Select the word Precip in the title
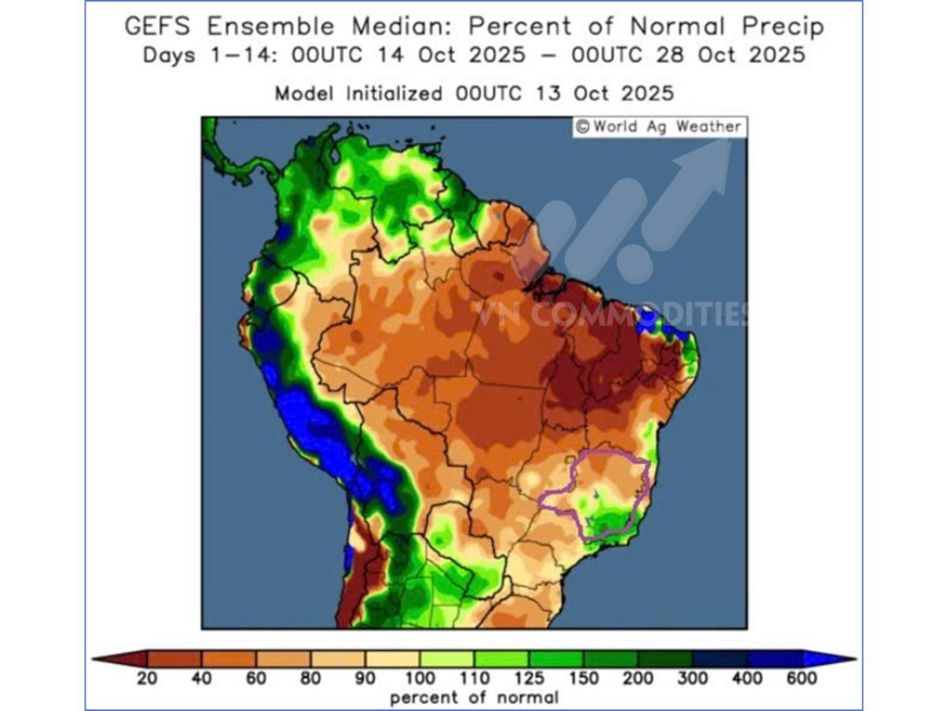coord(781,27)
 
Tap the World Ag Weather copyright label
coord(658,127)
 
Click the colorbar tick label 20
coord(147,678)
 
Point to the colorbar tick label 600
coord(801,678)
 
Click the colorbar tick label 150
coord(583,678)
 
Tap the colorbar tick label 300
coord(692,678)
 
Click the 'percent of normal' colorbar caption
coord(474,698)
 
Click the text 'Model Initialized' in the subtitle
coord(358,93)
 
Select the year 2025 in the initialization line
coord(649,93)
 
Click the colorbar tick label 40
coord(201,678)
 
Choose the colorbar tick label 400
coord(747,678)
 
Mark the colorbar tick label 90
coord(365,678)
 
